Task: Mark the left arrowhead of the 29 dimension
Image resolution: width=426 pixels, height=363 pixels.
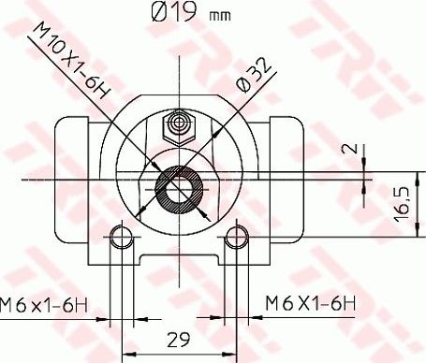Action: tap(125, 354)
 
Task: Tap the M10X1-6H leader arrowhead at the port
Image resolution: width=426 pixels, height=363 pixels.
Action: tap(158, 169)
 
